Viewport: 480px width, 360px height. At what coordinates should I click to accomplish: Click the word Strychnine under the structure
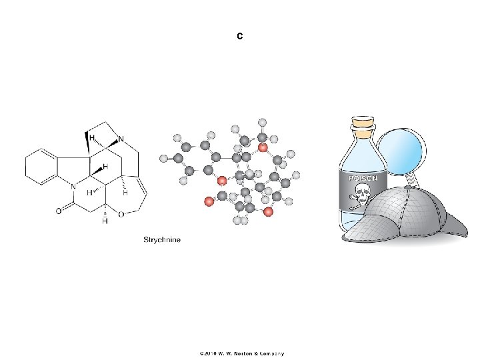coord(163,239)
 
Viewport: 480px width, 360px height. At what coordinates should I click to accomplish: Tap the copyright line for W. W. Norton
coord(240,353)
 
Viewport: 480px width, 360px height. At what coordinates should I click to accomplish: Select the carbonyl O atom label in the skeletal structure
coord(59,211)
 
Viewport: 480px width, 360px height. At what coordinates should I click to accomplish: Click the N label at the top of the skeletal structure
coord(119,139)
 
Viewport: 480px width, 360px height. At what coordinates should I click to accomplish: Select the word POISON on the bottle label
coord(361,179)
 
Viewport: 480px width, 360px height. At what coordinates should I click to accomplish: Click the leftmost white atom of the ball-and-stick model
coord(163,159)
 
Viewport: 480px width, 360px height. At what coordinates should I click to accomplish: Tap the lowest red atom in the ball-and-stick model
coord(267,212)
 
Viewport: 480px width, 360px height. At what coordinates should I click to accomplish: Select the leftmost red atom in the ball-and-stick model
coord(208,199)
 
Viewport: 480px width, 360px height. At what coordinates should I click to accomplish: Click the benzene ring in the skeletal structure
coord(39,167)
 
